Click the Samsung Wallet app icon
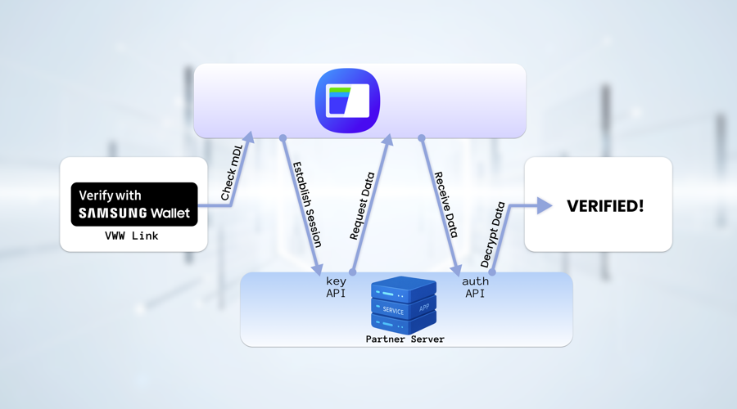[347, 101]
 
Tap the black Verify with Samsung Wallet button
[134, 204]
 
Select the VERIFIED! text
[605, 206]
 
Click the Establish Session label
[307, 204]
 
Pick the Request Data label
[362, 206]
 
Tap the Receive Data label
[445, 204]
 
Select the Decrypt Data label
[492, 236]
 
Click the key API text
[336, 287]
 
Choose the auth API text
[475, 287]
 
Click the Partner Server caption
[405, 339]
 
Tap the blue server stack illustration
[403, 304]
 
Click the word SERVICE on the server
[393, 311]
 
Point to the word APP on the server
[424, 308]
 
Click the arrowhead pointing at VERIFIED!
[545, 206]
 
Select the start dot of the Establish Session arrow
[283, 138]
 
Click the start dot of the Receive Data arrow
[422, 138]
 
